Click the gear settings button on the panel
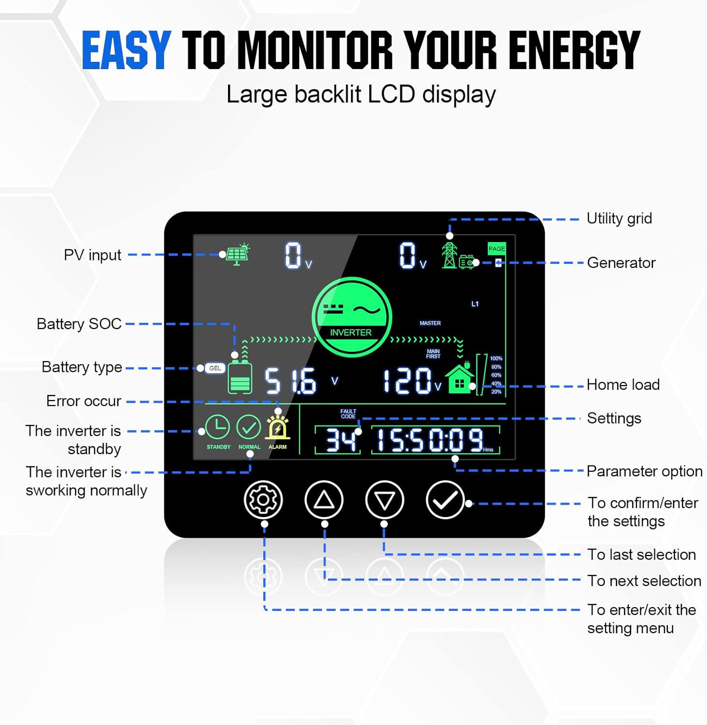[263, 500]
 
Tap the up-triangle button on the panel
[324, 500]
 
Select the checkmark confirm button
[445, 500]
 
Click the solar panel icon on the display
[237, 254]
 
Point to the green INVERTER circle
[352, 317]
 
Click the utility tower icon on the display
[449, 255]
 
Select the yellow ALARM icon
[278, 428]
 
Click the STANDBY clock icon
[218, 428]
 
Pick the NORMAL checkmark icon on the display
[249, 428]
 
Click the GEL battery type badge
[215, 368]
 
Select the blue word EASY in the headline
[127, 50]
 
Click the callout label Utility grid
[619, 218]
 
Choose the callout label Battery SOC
[79, 324]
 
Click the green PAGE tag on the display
[496, 248]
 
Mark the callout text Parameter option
[644, 471]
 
